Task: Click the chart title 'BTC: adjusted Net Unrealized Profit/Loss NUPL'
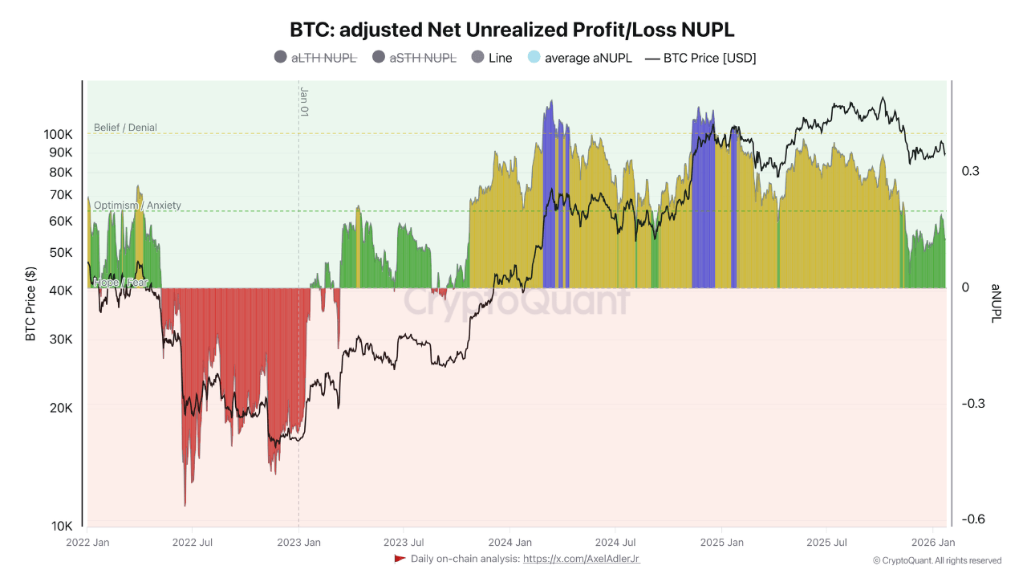point(512,30)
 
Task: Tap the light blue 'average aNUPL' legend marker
point(534,57)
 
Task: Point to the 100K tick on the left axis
point(59,134)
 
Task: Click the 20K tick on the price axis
point(61,408)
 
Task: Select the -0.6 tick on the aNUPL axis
point(974,519)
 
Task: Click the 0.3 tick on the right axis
point(971,171)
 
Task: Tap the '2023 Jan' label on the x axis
point(298,543)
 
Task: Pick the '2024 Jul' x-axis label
point(616,543)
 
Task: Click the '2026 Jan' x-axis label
point(932,543)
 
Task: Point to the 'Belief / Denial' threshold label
point(125,128)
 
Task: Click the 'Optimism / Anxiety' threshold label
point(137,206)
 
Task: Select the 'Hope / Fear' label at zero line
point(120,283)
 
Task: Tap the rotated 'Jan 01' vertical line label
point(305,102)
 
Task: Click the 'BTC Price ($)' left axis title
point(31,304)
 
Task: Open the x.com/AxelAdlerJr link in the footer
point(581,559)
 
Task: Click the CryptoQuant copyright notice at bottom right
point(936,560)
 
